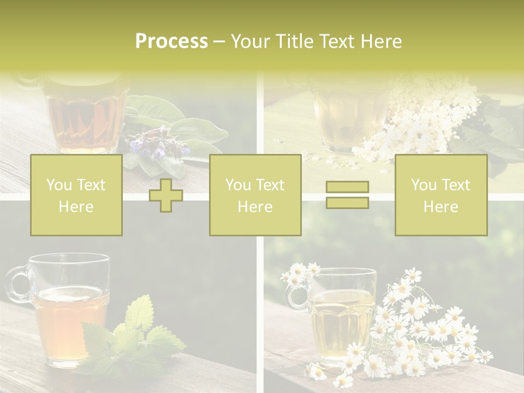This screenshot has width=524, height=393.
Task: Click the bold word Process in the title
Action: click(x=171, y=41)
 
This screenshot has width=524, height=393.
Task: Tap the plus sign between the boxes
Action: click(x=166, y=195)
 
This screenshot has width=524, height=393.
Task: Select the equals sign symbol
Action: click(x=347, y=195)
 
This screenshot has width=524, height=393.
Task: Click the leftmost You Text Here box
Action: click(x=76, y=195)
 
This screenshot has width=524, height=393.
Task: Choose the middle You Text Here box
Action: click(x=255, y=195)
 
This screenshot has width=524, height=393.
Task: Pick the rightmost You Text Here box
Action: click(x=440, y=195)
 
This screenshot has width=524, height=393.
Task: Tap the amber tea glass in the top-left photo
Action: click(x=85, y=115)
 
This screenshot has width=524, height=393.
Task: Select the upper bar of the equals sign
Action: click(x=347, y=187)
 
